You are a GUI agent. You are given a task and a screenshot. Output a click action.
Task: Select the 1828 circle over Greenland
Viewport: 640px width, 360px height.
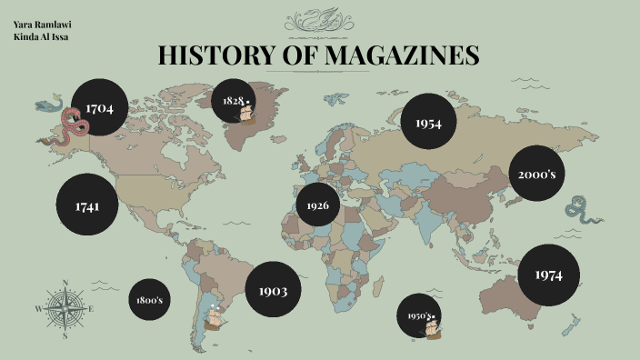(x=234, y=100)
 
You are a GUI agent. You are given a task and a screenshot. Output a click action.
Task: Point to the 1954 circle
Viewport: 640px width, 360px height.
(x=428, y=122)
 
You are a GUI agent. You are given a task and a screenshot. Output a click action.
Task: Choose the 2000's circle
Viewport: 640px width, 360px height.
(x=536, y=173)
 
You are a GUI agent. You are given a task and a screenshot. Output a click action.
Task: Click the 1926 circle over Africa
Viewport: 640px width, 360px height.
(x=317, y=205)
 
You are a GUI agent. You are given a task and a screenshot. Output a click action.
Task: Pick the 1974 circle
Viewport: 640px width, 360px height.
(x=548, y=274)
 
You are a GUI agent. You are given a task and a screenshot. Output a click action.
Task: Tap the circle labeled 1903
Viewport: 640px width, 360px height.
(x=273, y=290)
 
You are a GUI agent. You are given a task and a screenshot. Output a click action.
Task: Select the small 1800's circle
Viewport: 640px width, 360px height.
(x=149, y=300)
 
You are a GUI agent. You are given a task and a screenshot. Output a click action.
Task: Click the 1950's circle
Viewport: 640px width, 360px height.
(x=419, y=316)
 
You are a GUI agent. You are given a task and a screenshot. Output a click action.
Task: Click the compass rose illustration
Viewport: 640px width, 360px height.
(x=65, y=308)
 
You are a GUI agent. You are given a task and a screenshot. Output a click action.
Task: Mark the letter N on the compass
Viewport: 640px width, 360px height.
(x=65, y=282)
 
